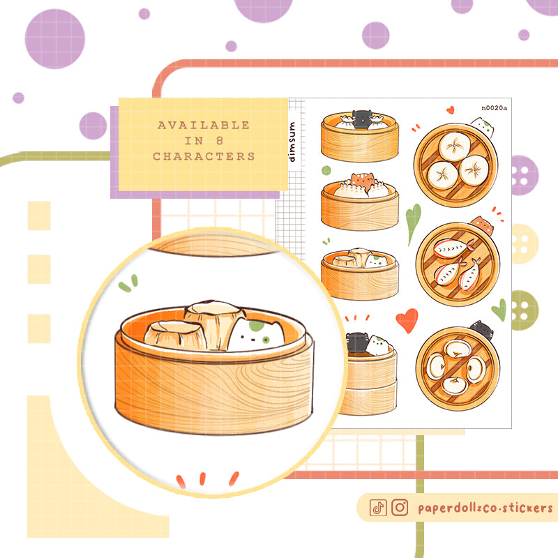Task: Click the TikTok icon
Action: pos(378,508)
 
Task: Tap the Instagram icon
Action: pos(400,508)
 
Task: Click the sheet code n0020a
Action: pos(495,108)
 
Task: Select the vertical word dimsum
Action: pos(292,142)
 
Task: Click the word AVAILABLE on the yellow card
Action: pos(204,125)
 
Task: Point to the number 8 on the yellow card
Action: pos(220,141)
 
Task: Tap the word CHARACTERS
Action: pos(204,156)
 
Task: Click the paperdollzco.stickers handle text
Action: pos(485,508)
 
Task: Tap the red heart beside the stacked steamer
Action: pos(407,320)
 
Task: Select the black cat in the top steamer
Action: pos(362,118)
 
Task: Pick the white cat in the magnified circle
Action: pos(256,335)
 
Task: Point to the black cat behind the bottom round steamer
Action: pos(483,329)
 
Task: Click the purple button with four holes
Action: pos(525,175)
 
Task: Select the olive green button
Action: pos(525,310)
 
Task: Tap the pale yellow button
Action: pos(525,243)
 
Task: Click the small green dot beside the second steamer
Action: pos(326,170)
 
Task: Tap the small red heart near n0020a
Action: pos(451,110)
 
